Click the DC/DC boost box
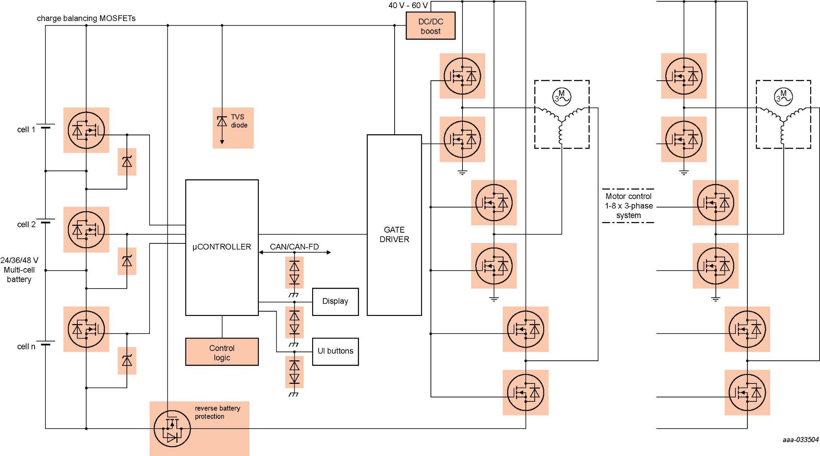coord(430,26)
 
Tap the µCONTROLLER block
coord(222,247)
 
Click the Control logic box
coord(222,352)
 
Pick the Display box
coord(335,301)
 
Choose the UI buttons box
coord(335,351)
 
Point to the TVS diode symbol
coord(222,122)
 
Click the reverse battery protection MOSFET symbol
coord(172,429)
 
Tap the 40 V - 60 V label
coord(407,6)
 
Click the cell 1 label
coord(26,129)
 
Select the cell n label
coord(26,346)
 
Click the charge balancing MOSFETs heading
coord(86,18)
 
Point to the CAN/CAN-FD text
coord(294,247)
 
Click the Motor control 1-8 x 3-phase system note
coord(628,206)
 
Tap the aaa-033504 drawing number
coord(800,440)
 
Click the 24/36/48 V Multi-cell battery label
coord(19,269)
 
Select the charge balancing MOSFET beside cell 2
coord(86,230)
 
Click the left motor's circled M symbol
coord(562,96)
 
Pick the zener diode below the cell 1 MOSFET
coord(127,162)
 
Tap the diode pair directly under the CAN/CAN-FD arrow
coord(294,272)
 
